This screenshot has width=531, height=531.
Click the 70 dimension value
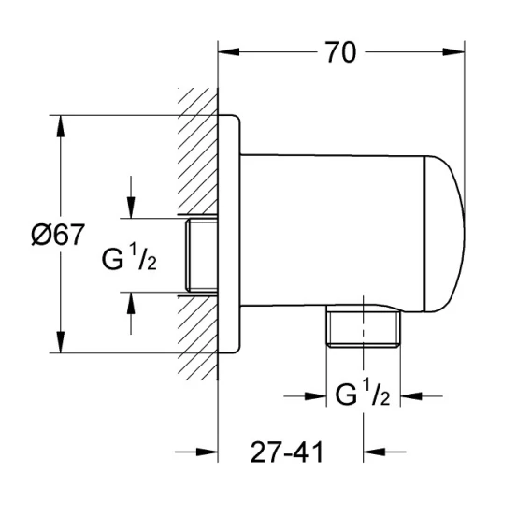click(341, 52)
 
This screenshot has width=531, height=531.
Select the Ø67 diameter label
click(58, 235)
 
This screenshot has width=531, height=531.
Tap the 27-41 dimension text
click(287, 452)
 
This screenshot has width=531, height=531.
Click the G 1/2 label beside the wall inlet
click(129, 258)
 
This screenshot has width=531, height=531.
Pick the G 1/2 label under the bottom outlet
click(363, 393)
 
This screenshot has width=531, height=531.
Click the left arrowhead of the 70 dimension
click(229, 51)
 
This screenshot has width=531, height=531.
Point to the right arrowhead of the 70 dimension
click(453, 51)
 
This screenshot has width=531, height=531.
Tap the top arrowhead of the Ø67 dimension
click(60, 126)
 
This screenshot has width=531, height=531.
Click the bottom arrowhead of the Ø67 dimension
click(60, 342)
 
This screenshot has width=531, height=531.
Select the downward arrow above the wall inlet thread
click(131, 197)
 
